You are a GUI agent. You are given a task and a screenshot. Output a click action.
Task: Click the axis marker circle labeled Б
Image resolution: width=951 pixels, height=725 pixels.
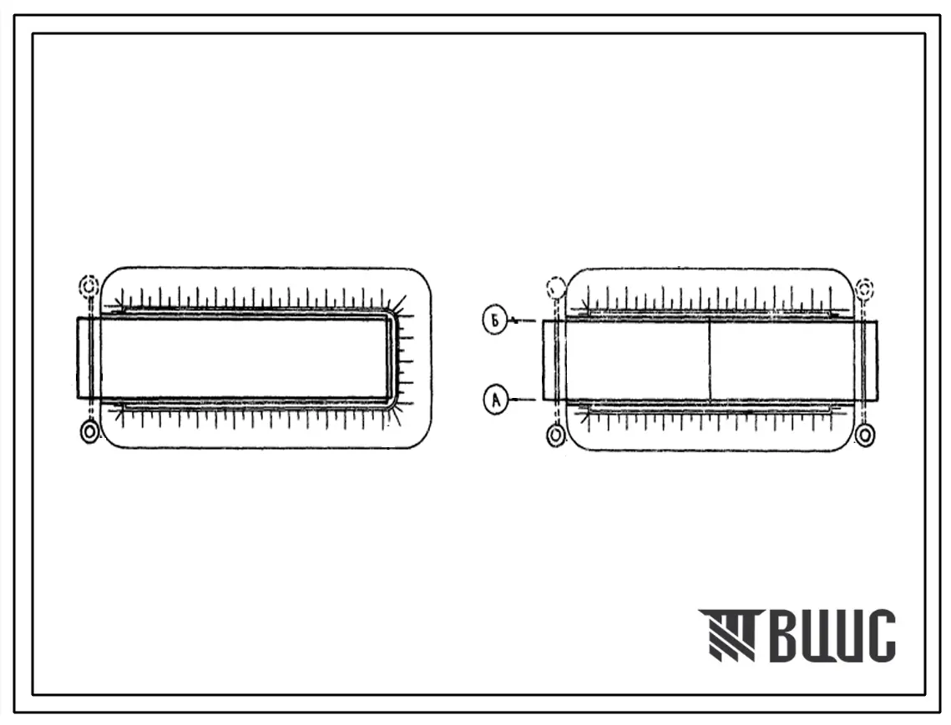(x=495, y=320)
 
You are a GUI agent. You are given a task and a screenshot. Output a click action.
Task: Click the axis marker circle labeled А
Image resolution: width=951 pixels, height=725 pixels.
(x=495, y=400)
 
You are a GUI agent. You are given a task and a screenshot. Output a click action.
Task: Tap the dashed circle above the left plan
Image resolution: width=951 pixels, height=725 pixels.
(x=89, y=285)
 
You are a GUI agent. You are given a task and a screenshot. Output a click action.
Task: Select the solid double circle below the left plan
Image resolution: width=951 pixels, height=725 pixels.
(x=89, y=432)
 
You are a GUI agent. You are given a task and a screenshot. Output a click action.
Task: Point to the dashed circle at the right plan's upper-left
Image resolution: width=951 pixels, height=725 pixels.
(x=555, y=287)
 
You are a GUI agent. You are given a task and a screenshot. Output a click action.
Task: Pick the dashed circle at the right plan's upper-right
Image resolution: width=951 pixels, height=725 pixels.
(x=865, y=287)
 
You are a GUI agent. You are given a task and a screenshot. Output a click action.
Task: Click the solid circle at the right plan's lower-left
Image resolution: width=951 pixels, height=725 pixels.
(x=555, y=435)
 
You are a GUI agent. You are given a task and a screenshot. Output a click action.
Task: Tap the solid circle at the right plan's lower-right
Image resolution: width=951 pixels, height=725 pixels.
(x=865, y=434)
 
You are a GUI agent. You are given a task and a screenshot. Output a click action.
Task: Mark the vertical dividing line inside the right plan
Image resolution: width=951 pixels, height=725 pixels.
(x=710, y=360)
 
